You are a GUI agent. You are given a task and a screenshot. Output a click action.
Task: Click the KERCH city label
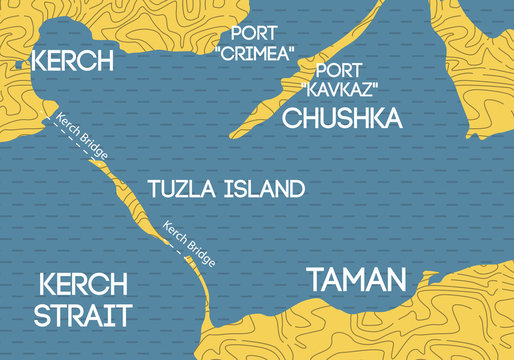[x=72, y=59]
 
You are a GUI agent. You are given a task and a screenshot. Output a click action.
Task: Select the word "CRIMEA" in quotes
[x=250, y=51]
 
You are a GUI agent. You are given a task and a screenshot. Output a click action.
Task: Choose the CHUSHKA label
[x=343, y=119]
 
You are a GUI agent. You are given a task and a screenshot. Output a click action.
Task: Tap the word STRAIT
[x=82, y=316]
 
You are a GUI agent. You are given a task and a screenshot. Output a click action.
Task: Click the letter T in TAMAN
[x=317, y=279]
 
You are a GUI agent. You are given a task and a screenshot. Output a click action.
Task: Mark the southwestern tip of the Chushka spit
[x=236, y=134]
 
